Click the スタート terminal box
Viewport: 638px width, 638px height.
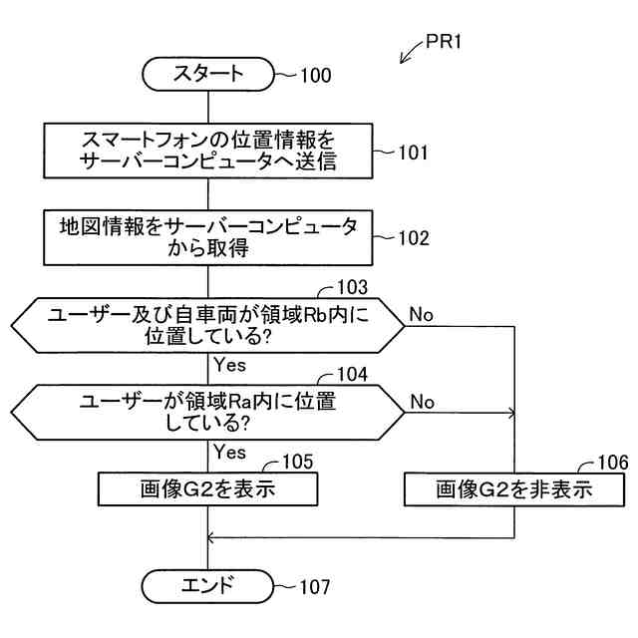click(x=207, y=73)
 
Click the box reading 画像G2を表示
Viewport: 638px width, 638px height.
click(x=207, y=489)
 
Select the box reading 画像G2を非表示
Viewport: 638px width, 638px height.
click(x=514, y=489)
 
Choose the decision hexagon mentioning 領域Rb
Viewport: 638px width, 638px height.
click(x=207, y=325)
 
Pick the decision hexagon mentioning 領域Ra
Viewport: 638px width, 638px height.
click(x=207, y=412)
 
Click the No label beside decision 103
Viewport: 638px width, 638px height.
click(x=422, y=315)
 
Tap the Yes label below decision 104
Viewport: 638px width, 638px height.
click(x=229, y=452)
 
